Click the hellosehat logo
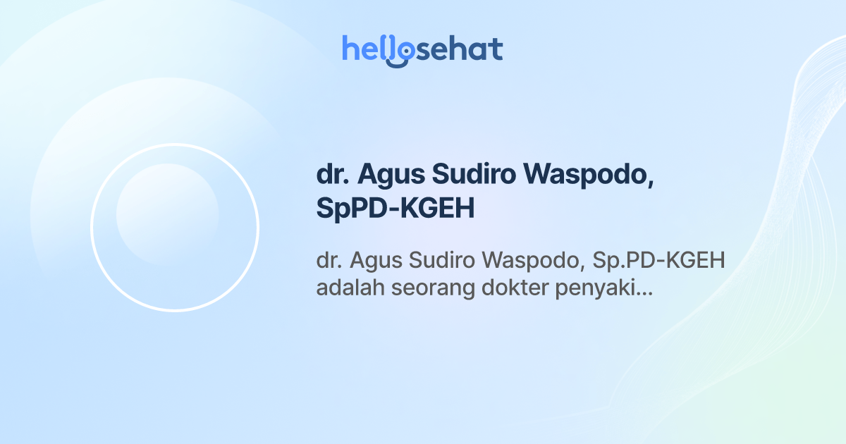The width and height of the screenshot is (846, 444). coord(422,49)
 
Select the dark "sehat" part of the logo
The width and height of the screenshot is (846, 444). coord(458,49)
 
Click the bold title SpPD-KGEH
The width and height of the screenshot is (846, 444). coord(396,209)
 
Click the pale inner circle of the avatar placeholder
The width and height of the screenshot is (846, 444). coord(167,214)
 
